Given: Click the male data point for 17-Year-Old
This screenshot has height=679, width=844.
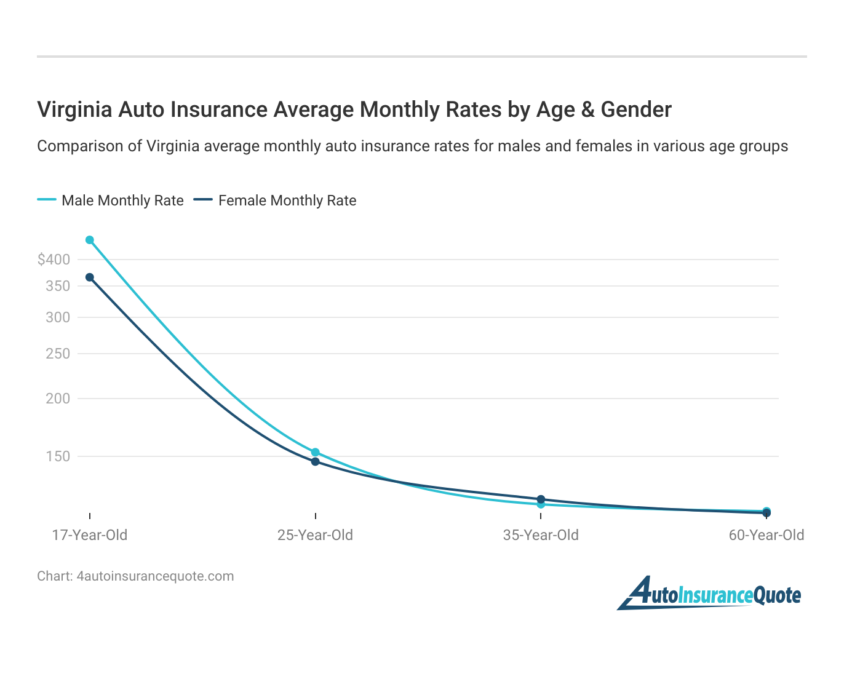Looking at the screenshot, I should [90, 240].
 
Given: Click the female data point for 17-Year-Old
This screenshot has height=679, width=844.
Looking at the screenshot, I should [90, 277].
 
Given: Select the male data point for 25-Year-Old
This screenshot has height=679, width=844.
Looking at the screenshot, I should [316, 452].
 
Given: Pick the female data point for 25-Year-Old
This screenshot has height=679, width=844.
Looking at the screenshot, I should [316, 462].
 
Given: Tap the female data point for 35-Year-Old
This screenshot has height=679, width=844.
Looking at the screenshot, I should [541, 499].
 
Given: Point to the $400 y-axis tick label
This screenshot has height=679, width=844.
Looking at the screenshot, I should [54, 260].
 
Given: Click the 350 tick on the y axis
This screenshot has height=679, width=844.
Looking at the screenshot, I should [58, 286].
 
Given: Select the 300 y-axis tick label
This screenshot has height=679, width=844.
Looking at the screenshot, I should [58, 317].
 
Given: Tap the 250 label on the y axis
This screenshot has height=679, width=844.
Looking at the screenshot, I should [58, 354].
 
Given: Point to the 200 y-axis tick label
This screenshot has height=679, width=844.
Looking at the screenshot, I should [58, 399].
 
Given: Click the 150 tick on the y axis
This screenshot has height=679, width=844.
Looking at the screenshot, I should [58, 456].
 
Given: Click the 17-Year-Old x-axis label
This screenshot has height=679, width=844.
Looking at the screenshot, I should [90, 535].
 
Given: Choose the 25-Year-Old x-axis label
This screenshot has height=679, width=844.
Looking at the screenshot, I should [316, 535].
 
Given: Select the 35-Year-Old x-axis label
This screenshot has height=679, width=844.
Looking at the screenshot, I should [541, 535].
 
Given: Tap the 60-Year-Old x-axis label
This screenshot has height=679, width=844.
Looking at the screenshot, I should [766, 535].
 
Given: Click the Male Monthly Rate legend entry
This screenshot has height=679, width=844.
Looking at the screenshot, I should [111, 201].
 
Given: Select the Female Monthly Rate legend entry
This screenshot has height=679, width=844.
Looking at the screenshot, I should [276, 201].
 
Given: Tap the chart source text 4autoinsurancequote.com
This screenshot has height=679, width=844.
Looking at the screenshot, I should [155, 576].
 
